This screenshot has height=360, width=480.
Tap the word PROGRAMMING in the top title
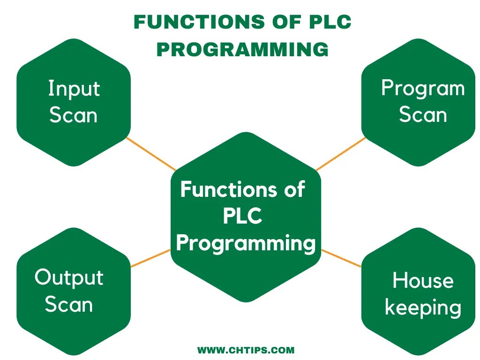242,49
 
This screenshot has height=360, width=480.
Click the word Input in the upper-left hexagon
74,89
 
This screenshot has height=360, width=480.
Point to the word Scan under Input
73,115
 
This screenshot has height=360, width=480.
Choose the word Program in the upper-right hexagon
422,89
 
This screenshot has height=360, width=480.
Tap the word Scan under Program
422,115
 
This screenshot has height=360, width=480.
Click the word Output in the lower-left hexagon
69,277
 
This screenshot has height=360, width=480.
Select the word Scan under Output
69,305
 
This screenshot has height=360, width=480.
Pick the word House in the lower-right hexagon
423,281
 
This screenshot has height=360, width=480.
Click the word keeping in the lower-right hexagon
423,308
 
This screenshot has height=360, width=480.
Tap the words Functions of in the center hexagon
242,190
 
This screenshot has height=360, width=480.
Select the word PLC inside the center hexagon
242,217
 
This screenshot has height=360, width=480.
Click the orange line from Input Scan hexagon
151,153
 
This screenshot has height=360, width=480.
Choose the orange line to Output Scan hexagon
150,258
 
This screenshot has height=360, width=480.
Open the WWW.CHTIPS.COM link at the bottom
246,350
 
